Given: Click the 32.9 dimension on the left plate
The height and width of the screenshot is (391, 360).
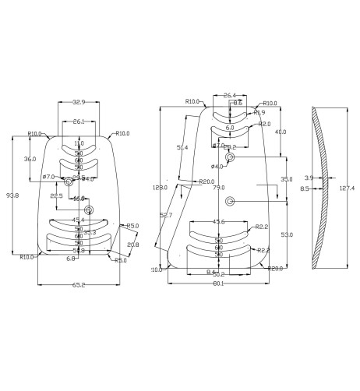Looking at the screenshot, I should [79, 102].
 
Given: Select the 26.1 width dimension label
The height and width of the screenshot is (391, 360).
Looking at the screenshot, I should [79, 122].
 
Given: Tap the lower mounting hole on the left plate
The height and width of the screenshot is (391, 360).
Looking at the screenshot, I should [89, 210].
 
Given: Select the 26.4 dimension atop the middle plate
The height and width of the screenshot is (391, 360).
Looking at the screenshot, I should [229, 96].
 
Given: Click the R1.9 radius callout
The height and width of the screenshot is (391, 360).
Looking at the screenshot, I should [260, 112].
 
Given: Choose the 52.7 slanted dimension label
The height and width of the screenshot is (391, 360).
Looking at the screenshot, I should [165, 215].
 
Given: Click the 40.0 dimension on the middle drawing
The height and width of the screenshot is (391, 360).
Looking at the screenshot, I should [281, 132].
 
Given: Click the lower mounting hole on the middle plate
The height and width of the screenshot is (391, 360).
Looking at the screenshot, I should [229, 202].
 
